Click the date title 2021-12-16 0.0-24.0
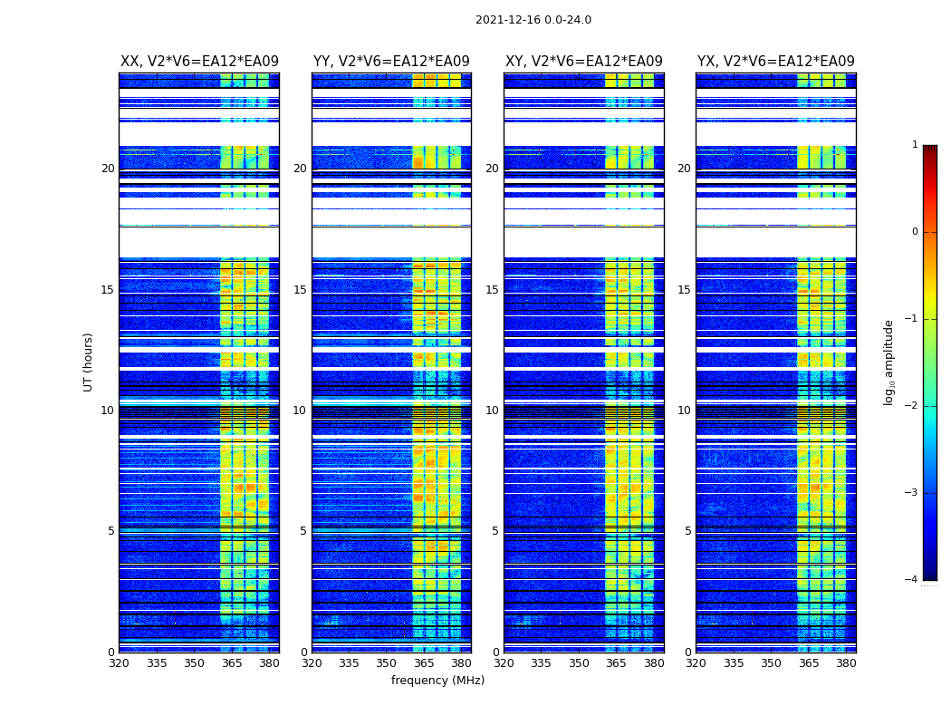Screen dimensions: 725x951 coord(533,20)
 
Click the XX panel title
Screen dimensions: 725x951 coord(199,62)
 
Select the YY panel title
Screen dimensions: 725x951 coord(391,62)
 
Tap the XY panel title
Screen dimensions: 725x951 coord(584,62)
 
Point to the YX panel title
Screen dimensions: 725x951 coord(776,62)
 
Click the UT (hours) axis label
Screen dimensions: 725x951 coord(89,362)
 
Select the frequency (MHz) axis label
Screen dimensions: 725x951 coord(437,681)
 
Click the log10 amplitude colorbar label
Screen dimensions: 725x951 coord(889,362)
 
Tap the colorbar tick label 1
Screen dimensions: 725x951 coord(915,145)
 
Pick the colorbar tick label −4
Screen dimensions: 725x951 coord(912,580)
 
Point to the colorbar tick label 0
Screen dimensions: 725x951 coord(915,232)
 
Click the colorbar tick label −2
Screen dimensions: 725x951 coord(912,406)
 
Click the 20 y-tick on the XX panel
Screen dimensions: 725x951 coord(108,169)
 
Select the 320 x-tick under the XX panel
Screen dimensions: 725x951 coord(119,663)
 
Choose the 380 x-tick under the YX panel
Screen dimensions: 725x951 coord(846,663)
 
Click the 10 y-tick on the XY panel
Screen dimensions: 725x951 coord(492,411)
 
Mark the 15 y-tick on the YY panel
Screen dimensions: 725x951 coord(300,290)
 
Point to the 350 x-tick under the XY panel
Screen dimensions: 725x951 coord(579,663)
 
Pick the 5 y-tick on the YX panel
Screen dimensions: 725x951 coord(687,531)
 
